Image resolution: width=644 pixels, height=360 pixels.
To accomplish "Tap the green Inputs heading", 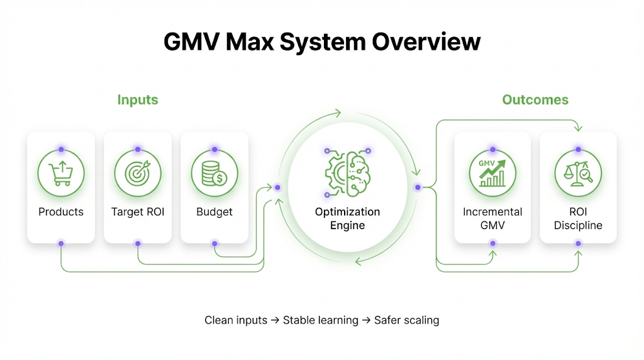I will point(138,99).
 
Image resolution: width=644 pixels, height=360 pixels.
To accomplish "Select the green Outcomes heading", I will point(535,99).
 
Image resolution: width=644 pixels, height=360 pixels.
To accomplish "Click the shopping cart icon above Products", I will point(61,171).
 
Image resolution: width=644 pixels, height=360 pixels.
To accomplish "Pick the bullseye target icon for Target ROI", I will point(138,171).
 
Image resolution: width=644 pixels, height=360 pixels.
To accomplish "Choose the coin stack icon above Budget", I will point(214,171).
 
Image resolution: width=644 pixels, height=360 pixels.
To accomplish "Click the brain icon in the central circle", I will point(347,171).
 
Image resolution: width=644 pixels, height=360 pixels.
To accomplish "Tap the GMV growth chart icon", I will point(492,171).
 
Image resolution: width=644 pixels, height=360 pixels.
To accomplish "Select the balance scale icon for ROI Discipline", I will point(578,171).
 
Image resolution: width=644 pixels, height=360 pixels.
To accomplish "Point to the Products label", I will point(61,212).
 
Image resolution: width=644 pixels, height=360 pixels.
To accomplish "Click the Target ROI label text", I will point(138,212).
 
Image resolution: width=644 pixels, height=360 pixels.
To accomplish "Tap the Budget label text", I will point(214,212).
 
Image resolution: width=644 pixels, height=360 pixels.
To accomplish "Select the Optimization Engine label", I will point(347,218).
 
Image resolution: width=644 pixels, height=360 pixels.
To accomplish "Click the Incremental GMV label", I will point(492,218).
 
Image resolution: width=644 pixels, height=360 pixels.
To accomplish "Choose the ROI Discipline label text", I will point(578,218).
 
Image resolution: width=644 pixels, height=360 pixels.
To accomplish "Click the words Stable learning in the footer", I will point(321,320).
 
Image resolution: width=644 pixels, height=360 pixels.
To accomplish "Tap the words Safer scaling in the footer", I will point(406,320).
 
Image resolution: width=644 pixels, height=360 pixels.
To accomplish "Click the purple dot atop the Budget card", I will point(214,150).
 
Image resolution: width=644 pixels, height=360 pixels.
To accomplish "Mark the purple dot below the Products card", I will point(61,243).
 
